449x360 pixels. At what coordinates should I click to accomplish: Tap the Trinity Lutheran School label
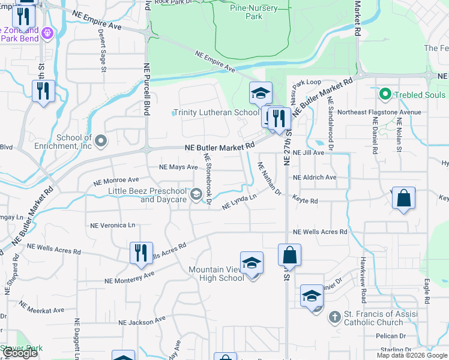click(x=216, y=112)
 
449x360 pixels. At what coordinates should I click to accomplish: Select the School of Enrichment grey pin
click(x=101, y=142)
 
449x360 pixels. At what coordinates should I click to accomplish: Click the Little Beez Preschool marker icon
click(x=196, y=194)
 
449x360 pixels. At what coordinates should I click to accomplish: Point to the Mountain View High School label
click(x=216, y=274)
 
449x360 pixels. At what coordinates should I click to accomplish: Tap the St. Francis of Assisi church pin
click(x=336, y=318)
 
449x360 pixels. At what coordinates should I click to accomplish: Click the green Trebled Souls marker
click(x=385, y=94)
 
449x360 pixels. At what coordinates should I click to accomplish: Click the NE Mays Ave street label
click(x=178, y=167)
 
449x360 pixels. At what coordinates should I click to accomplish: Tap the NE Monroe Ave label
click(x=116, y=179)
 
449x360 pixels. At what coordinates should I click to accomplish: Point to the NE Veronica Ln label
click(x=113, y=225)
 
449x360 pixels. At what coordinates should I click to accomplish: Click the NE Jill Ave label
click(x=309, y=153)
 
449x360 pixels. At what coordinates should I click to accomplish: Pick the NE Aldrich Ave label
click(x=315, y=178)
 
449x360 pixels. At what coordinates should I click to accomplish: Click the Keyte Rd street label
click(x=305, y=201)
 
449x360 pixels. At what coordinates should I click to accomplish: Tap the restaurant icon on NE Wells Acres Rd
click(x=142, y=252)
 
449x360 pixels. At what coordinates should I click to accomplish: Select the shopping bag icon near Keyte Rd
click(x=404, y=199)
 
